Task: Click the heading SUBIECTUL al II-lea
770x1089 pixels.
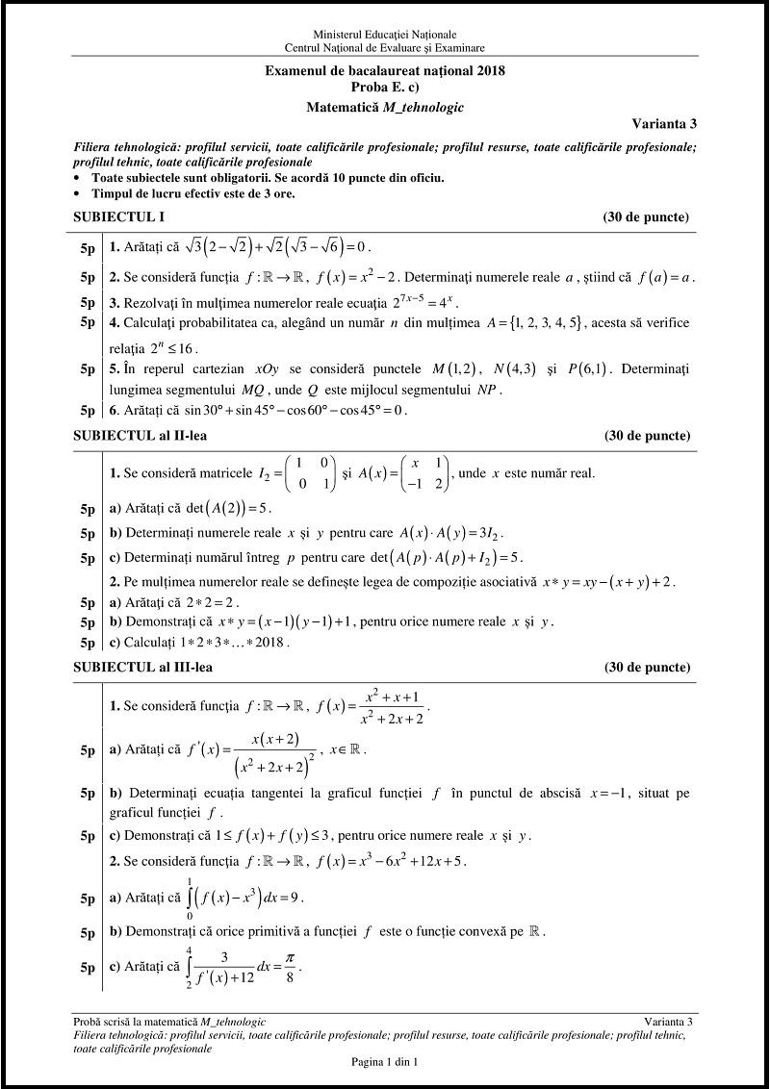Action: click(x=141, y=436)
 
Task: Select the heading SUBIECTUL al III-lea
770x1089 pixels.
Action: click(x=143, y=667)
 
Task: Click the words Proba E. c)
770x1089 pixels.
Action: click(x=385, y=87)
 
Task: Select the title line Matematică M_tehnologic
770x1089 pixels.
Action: click(x=385, y=108)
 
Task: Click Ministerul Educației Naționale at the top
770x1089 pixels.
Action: click(x=385, y=35)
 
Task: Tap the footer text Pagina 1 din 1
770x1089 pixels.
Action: click(x=385, y=1061)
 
